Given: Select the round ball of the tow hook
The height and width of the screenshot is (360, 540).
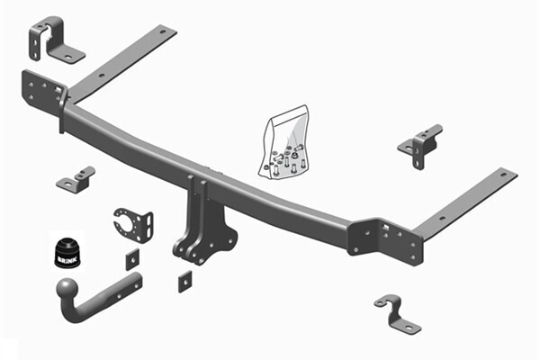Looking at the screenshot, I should (68, 291).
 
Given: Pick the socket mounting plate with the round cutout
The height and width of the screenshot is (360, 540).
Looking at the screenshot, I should (132, 223).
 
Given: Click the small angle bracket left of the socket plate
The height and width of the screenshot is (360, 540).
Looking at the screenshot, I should (76, 179).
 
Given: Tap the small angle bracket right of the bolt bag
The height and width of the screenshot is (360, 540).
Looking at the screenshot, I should (420, 143).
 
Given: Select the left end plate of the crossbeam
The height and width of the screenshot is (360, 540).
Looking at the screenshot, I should (41, 90).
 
